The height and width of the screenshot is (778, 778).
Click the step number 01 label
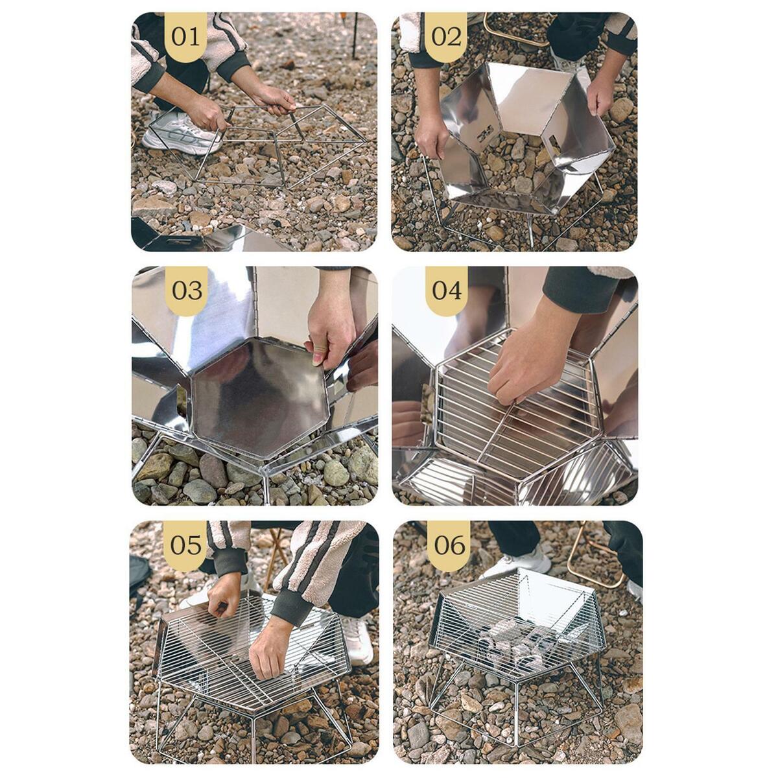[x=185, y=37]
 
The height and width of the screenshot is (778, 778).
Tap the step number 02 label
[x=446, y=37]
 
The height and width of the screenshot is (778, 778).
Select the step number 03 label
[x=187, y=290]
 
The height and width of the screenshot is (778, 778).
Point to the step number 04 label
[x=447, y=290]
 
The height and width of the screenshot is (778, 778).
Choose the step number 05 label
[x=185, y=545]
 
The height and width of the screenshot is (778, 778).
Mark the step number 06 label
[x=449, y=545]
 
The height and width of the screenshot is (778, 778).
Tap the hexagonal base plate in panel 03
[x=259, y=397]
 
